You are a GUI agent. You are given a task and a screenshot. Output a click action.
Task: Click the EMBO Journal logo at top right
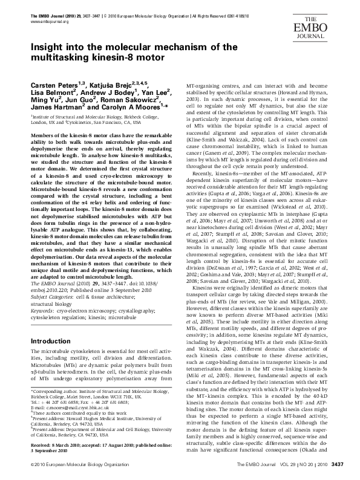coord(330,19)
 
